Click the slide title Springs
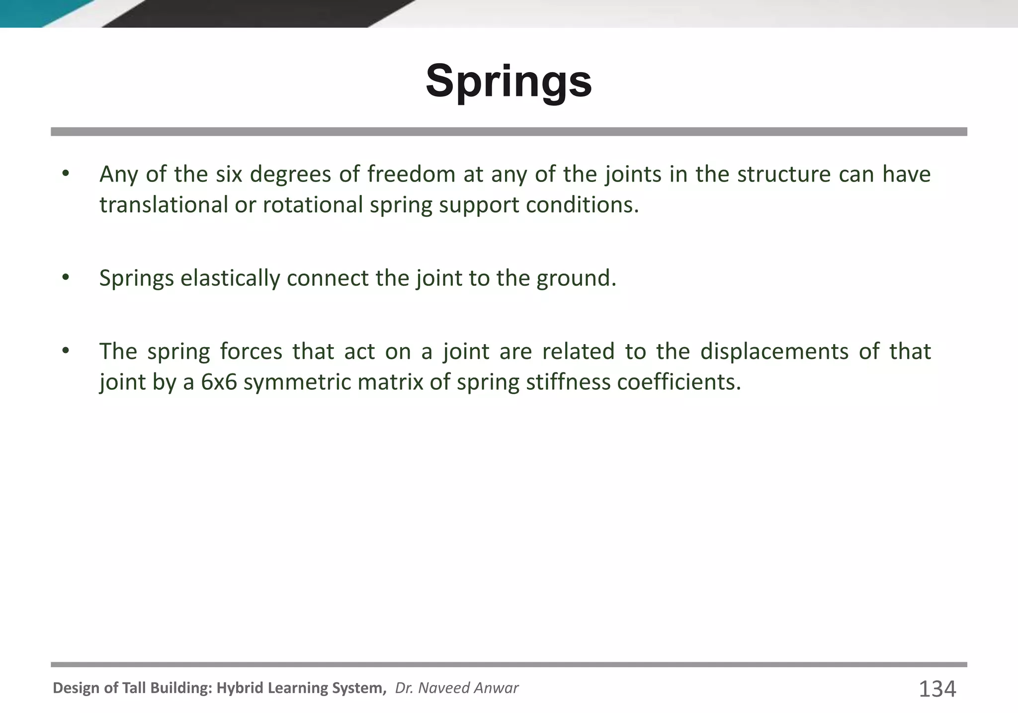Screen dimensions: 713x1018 (509, 82)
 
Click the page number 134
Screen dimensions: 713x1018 (937, 689)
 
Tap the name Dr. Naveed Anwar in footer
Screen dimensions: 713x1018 (456, 688)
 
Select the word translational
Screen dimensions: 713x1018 (164, 205)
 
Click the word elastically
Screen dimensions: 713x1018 (230, 278)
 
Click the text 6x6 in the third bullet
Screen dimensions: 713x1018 (219, 382)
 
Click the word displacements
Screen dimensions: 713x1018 (774, 352)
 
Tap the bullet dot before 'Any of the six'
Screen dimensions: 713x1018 (65, 174)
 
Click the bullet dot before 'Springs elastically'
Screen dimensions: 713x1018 (65, 278)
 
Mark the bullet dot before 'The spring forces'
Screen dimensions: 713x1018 (65, 352)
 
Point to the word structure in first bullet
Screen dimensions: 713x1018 (783, 175)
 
